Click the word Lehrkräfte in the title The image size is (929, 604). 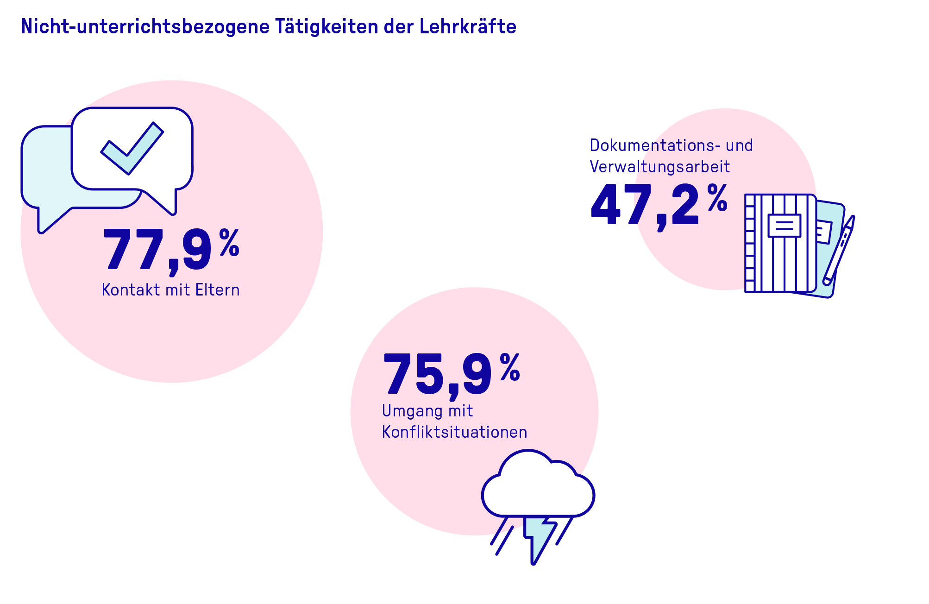(468, 26)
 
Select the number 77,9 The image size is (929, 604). (157, 250)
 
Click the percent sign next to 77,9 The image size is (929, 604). (229, 242)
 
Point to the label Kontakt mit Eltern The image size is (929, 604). (170, 290)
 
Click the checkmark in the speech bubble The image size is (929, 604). (132, 148)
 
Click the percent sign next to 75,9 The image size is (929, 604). (510, 367)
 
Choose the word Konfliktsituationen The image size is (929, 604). (454, 432)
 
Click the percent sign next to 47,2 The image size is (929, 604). (717, 198)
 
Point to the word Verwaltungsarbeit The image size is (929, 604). (659, 167)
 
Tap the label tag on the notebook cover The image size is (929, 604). (784, 226)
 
